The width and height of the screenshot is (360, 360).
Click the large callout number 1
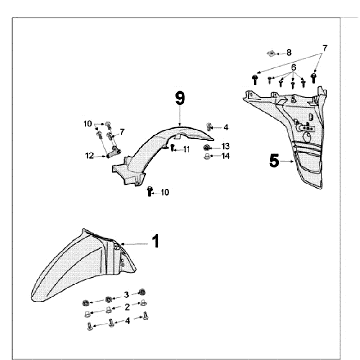(x=155, y=242)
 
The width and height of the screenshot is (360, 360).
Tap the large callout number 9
(x=180, y=98)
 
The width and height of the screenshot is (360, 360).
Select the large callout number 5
(x=274, y=160)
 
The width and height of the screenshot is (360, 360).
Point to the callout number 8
(x=289, y=53)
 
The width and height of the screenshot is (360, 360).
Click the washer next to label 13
(x=207, y=148)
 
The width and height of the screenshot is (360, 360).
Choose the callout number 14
(x=225, y=156)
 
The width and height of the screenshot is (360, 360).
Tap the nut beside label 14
(x=207, y=156)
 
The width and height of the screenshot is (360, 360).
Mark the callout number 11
(x=186, y=149)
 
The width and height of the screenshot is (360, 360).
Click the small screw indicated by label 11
(x=172, y=148)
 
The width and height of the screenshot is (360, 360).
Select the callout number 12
(x=90, y=156)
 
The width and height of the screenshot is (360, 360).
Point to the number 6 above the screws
(x=293, y=67)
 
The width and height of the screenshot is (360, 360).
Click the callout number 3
(x=126, y=295)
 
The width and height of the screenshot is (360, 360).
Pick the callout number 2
(x=127, y=307)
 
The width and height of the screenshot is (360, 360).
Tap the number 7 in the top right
(x=324, y=48)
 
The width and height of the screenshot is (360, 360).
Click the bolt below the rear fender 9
(x=150, y=192)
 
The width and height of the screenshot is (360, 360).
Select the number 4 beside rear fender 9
(x=225, y=128)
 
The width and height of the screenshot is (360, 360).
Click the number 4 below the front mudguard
(x=127, y=321)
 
